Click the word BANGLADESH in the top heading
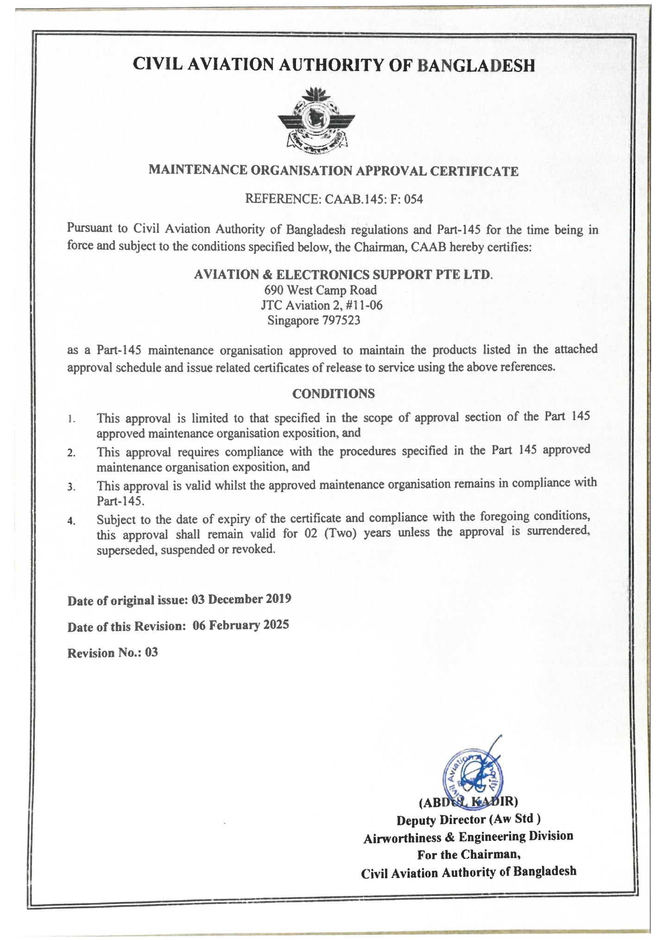click(x=476, y=65)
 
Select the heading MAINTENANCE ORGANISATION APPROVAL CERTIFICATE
click(x=333, y=171)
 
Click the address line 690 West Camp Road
click(x=321, y=290)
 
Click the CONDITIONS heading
click(x=333, y=394)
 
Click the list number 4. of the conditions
click(x=71, y=521)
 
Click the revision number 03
click(x=152, y=653)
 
